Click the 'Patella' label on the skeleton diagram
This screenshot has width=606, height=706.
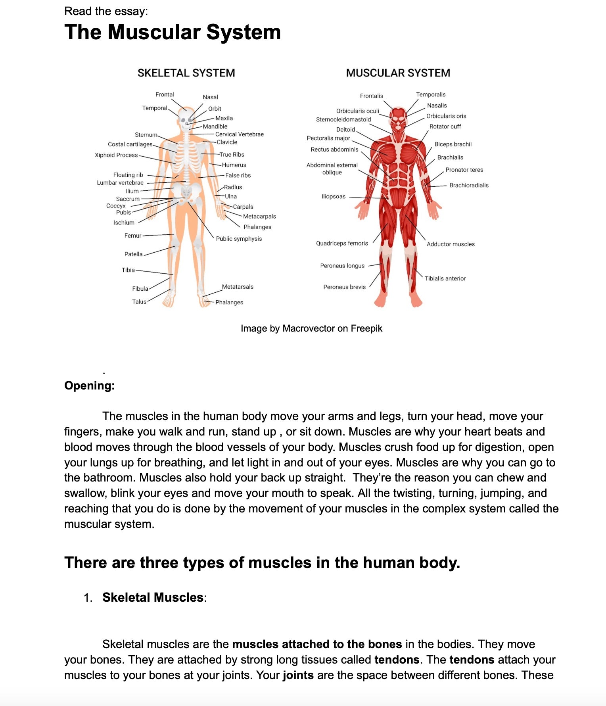point(133,254)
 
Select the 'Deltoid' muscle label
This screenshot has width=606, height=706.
point(345,129)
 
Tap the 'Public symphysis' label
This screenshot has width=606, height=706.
point(239,239)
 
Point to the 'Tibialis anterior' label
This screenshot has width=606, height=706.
point(445,278)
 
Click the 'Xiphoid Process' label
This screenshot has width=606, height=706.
point(116,155)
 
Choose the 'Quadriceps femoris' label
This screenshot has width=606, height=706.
point(342,243)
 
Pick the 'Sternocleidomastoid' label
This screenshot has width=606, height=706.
point(343,119)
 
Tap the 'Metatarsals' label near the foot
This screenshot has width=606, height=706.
point(238,287)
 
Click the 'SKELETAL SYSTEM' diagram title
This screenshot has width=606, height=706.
point(186,73)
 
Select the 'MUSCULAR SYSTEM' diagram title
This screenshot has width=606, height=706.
point(398,73)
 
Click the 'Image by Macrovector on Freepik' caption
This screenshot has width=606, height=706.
point(311,328)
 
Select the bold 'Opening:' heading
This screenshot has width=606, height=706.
point(90,386)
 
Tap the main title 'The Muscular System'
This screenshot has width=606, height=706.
point(173,32)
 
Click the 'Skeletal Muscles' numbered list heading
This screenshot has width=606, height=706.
point(153,597)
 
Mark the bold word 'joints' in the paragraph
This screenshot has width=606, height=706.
point(298,675)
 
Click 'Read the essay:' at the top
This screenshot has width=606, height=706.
point(106,11)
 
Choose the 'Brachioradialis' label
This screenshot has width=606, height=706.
point(469,185)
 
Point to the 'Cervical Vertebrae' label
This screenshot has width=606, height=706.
point(240,134)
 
